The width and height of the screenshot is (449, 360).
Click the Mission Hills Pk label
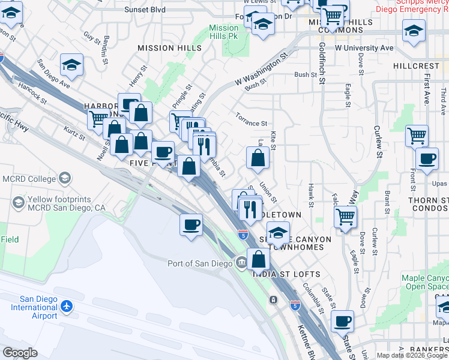pos(224,32)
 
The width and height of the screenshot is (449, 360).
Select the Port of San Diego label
pos(200,263)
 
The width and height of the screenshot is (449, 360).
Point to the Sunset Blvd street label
pos(145,10)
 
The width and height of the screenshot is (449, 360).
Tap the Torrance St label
pos(251,122)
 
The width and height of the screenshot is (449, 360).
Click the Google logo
pos(20,353)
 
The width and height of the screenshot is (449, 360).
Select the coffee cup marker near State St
pos(343,321)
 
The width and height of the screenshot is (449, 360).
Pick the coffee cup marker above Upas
pos(427,160)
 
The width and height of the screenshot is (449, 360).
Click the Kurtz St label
pos(74,132)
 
